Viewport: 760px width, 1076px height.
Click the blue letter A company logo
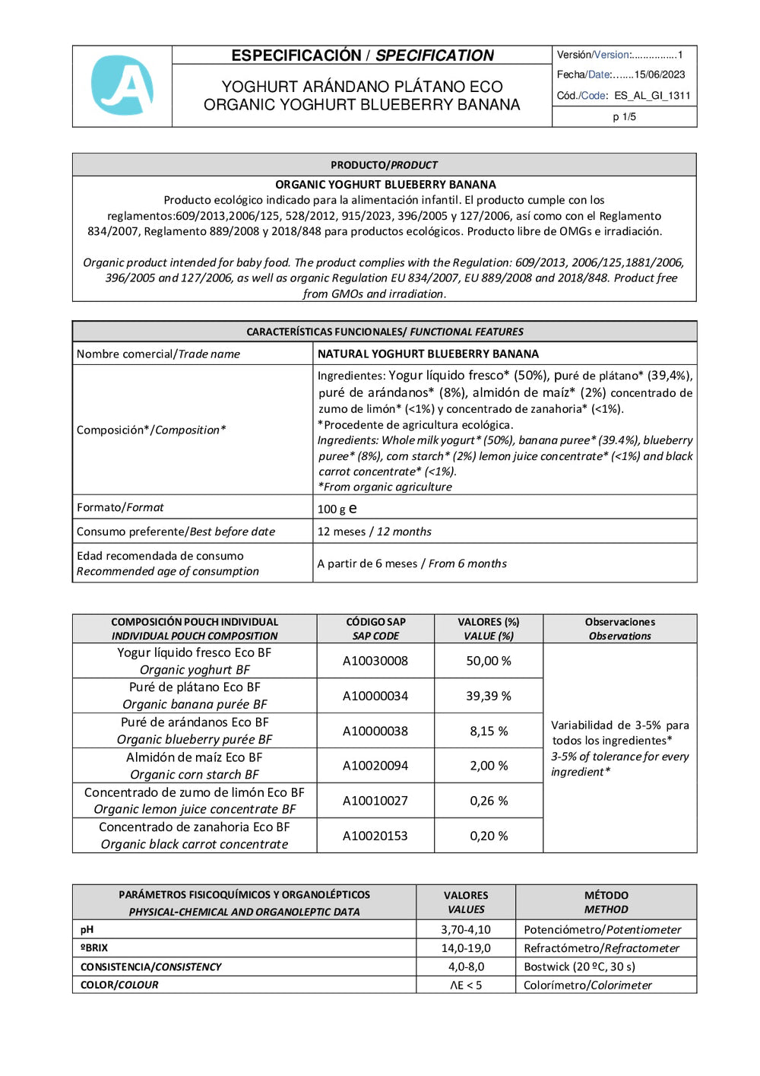122,85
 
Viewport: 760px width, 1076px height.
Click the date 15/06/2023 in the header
659,75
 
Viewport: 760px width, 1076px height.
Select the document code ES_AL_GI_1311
652,96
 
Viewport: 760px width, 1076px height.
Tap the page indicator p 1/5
624,117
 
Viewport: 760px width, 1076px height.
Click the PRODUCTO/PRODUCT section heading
384,165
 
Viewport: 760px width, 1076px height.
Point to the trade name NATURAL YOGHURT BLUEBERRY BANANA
428,354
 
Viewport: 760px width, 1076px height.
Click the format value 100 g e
337,509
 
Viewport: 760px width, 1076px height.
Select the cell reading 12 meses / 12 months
374,532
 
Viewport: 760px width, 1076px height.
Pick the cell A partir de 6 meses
411,563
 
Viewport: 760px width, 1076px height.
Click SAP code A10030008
375,661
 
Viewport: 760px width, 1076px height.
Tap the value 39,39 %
488,696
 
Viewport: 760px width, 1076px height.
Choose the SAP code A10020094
375,766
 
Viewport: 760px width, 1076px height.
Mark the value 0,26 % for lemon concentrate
488,801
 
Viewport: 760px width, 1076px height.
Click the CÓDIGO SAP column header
375,629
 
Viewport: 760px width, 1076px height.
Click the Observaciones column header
619,629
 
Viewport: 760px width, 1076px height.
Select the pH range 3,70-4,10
465,929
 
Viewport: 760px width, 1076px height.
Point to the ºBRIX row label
94,948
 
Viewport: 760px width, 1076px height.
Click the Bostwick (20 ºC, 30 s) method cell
579,966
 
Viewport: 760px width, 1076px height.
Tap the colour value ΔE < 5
465,985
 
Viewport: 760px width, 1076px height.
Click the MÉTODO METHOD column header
606,902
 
